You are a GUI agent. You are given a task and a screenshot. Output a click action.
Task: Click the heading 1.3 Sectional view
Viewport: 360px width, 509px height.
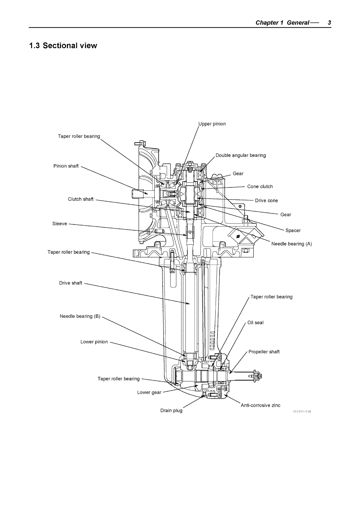[x=63, y=46]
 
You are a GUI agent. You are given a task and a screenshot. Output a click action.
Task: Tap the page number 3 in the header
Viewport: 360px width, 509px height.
[x=329, y=23]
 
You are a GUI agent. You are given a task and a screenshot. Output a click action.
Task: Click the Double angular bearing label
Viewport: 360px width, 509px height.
[x=241, y=155]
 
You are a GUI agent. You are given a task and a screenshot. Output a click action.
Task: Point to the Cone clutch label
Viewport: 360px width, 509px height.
[x=260, y=187]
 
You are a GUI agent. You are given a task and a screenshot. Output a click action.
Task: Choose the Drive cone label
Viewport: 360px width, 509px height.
[x=266, y=201]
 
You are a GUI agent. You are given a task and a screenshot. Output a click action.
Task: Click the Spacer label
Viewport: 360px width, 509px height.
[x=293, y=230]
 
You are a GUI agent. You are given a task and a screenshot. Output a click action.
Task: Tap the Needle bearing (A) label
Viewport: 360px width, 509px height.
[x=292, y=244]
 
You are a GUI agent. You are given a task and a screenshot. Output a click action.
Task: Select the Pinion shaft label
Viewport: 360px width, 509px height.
[x=66, y=166]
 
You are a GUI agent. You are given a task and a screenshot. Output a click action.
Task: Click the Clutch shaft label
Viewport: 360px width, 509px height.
[x=81, y=199]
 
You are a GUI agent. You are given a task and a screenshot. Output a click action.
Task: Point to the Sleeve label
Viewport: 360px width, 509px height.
[x=59, y=224]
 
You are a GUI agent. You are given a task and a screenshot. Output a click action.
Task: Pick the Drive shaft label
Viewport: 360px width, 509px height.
[x=71, y=283]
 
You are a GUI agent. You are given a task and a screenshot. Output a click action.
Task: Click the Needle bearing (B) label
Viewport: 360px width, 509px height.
[x=80, y=316]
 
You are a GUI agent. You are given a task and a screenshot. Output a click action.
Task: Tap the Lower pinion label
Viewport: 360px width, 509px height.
[x=94, y=342]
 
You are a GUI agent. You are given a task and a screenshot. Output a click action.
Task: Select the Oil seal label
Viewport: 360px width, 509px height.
[x=255, y=323]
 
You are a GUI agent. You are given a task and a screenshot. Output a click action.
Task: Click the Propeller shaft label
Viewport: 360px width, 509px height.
[x=264, y=352]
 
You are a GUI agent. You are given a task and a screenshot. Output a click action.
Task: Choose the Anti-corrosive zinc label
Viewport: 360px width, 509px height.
[x=260, y=405]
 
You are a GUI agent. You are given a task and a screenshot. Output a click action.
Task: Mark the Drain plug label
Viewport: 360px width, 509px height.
[x=171, y=410]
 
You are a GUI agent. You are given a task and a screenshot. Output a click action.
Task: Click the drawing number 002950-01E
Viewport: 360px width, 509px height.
[x=302, y=411]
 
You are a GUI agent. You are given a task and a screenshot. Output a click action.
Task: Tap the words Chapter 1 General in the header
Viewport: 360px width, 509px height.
[x=282, y=23]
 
